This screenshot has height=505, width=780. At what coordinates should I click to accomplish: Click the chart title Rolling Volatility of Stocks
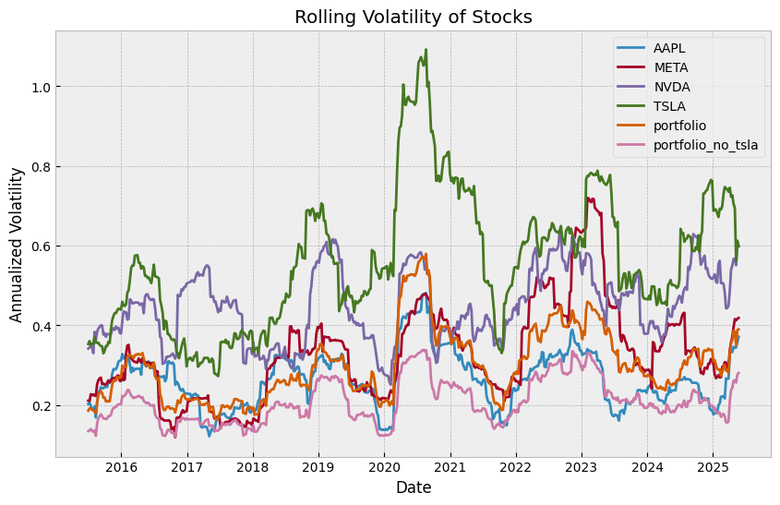click(413, 17)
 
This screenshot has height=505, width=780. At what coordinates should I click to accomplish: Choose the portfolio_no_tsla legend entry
click(706, 144)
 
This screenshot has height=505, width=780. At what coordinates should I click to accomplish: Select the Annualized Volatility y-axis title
click(17, 245)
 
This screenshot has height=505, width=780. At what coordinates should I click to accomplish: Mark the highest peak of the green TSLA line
click(426, 50)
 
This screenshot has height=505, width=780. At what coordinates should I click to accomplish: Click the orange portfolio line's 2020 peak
click(426, 255)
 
